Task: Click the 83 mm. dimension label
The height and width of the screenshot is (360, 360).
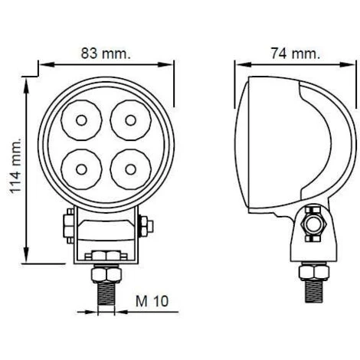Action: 106,54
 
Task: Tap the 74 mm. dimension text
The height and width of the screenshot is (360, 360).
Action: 295,54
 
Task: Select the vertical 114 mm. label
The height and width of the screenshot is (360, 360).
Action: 15,166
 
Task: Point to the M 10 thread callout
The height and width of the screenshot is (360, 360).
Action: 152,301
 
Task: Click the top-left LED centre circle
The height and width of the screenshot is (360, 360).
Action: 81,120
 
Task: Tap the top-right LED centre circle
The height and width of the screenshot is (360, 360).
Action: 130,120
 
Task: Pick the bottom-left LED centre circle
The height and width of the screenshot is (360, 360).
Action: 81,169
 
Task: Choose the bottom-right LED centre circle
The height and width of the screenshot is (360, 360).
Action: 130,169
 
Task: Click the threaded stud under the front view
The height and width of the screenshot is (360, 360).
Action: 106,293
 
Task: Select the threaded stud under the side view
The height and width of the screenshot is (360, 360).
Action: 314,291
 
